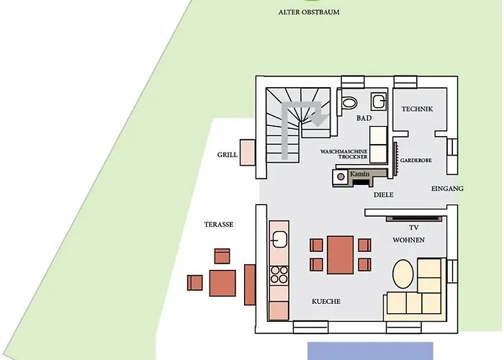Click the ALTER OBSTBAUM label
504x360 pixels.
click(x=309, y=12)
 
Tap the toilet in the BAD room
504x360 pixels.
click(x=347, y=102)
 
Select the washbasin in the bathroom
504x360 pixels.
click(x=379, y=102)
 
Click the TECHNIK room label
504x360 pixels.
click(x=417, y=109)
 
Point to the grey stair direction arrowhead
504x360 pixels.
click(x=318, y=119)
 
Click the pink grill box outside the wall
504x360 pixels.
click(x=248, y=153)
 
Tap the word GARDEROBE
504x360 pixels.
click(x=416, y=160)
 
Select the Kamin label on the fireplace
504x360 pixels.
click(x=360, y=174)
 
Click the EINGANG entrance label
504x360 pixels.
click(x=447, y=189)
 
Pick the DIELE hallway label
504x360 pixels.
click(x=384, y=195)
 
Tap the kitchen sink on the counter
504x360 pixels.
click(x=279, y=239)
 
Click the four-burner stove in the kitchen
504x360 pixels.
click(x=279, y=275)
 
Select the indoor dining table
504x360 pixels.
click(x=341, y=255)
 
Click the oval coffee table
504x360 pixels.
click(x=403, y=274)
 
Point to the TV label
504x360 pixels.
click(x=414, y=228)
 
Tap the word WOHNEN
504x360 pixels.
click(x=408, y=240)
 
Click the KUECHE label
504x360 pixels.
click(x=326, y=302)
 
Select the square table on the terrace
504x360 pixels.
click(x=222, y=283)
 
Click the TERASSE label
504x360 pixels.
click(x=219, y=225)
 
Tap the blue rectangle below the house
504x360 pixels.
click(x=370, y=351)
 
